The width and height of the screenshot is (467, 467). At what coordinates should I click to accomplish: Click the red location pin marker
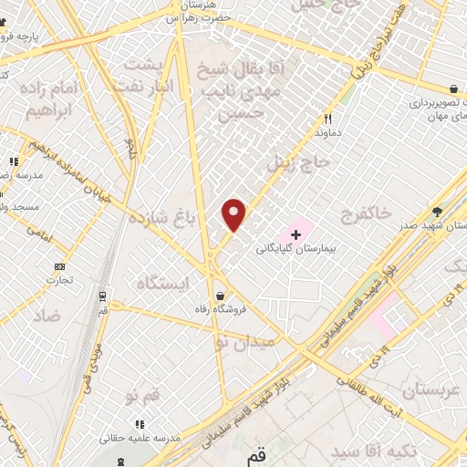(x=235, y=214)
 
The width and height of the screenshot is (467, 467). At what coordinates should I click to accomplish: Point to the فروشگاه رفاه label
(x=220, y=309)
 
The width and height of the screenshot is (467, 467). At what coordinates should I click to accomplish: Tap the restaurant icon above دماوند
(x=327, y=119)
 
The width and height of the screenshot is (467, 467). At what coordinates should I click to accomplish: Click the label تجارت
(x=61, y=281)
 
